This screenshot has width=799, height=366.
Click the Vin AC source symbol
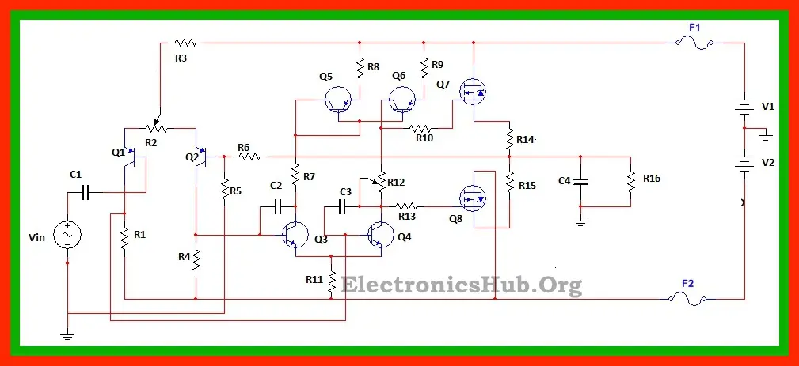(x=67, y=235)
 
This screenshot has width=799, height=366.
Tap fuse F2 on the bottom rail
(x=687, y=298)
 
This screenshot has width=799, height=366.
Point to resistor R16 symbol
(x=631, y=182)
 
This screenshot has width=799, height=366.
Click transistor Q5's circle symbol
(x=338, y=100)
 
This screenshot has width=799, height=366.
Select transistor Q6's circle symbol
(x=402, y=100)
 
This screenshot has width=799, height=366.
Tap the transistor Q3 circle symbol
(x=296, y=235)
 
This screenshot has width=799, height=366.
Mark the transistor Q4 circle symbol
(x=382, y=235)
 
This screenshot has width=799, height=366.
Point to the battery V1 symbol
(x=744, y=105)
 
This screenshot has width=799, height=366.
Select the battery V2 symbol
(x=744, y=163)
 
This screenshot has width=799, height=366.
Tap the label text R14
(x=525, y=140)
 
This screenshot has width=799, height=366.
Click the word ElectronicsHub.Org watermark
(x=461, y=285)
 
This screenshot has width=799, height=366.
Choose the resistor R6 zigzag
(x=250, y=157)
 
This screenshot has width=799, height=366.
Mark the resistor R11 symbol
(x=333, y=280)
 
